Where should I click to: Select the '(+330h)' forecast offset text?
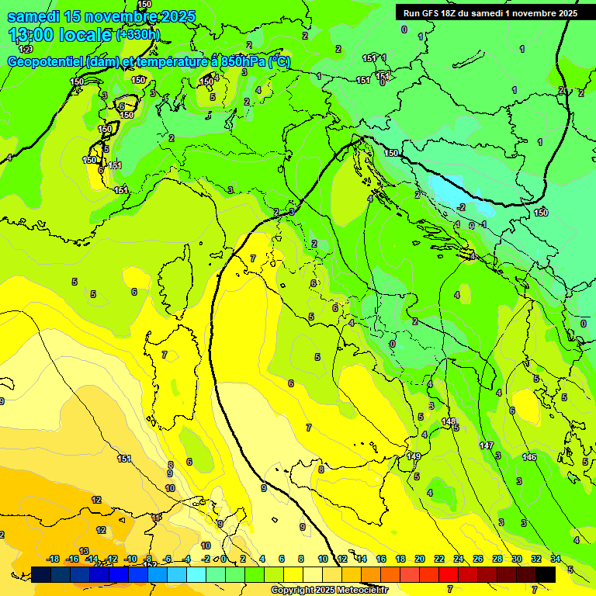137,35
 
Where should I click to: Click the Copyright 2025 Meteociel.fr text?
329,590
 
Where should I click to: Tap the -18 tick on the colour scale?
54,559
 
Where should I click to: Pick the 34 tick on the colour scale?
556,559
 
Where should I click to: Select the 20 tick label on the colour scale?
420,559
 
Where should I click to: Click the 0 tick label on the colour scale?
223,559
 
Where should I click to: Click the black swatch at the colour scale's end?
545,574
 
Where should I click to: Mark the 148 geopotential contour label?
449,421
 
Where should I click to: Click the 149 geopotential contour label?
414,456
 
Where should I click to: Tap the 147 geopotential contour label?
487,445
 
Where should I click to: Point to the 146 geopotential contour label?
530,457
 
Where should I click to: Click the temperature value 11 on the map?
157,517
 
